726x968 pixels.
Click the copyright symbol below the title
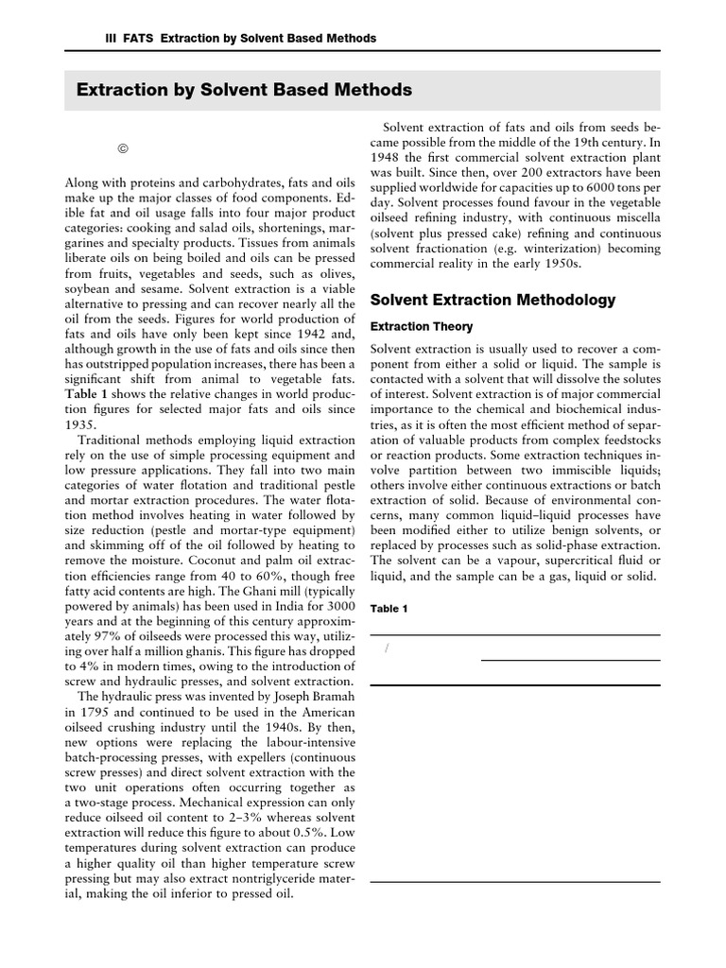click(122, 148)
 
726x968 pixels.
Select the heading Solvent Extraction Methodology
click(493, 301)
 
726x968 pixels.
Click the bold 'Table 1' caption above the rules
click(389, 609)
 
